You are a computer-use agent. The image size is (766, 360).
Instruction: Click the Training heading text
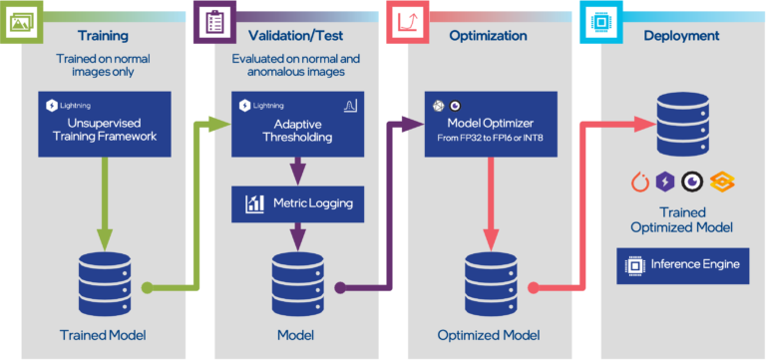point(104,36)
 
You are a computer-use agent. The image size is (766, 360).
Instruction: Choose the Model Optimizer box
point(488,125)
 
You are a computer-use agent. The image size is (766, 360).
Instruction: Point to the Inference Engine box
point(682,265)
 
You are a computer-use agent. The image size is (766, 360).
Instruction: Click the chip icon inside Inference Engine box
point(633,265)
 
